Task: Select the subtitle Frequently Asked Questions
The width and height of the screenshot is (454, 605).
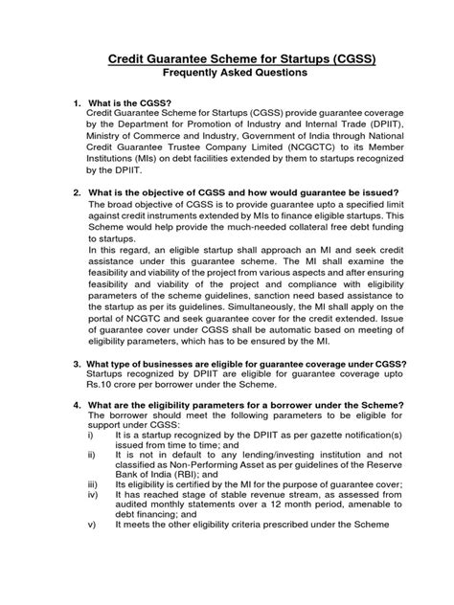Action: pos(227,76)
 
